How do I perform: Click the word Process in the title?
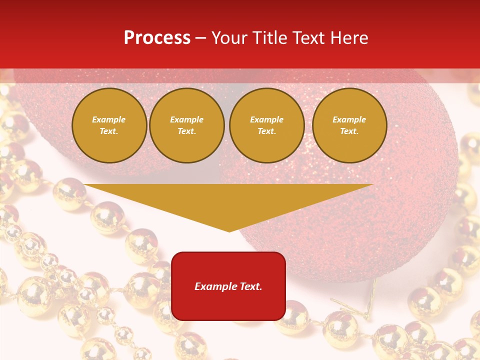point(157,38)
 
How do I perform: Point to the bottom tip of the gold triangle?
point(229,231)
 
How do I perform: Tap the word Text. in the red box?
point(250,286)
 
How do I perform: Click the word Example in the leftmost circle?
point(109,119)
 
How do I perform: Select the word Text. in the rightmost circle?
point(349,131)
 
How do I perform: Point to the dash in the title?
point(201,38)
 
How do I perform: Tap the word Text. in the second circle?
point(186,131)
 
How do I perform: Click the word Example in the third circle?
point(266,119)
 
